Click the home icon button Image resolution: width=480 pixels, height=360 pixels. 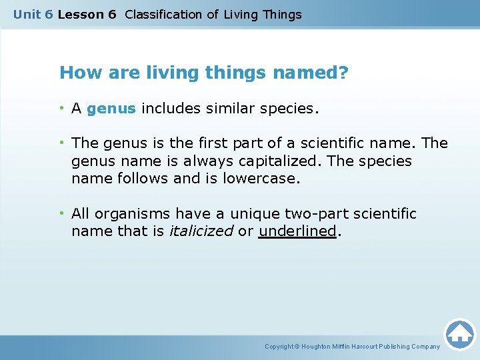[459, 333]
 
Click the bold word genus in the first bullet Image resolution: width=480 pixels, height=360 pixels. [111, 109]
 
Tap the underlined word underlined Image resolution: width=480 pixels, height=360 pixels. [297, 231]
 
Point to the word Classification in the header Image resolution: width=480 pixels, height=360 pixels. [164, 14]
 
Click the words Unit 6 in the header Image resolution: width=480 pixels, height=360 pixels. [33, 14]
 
